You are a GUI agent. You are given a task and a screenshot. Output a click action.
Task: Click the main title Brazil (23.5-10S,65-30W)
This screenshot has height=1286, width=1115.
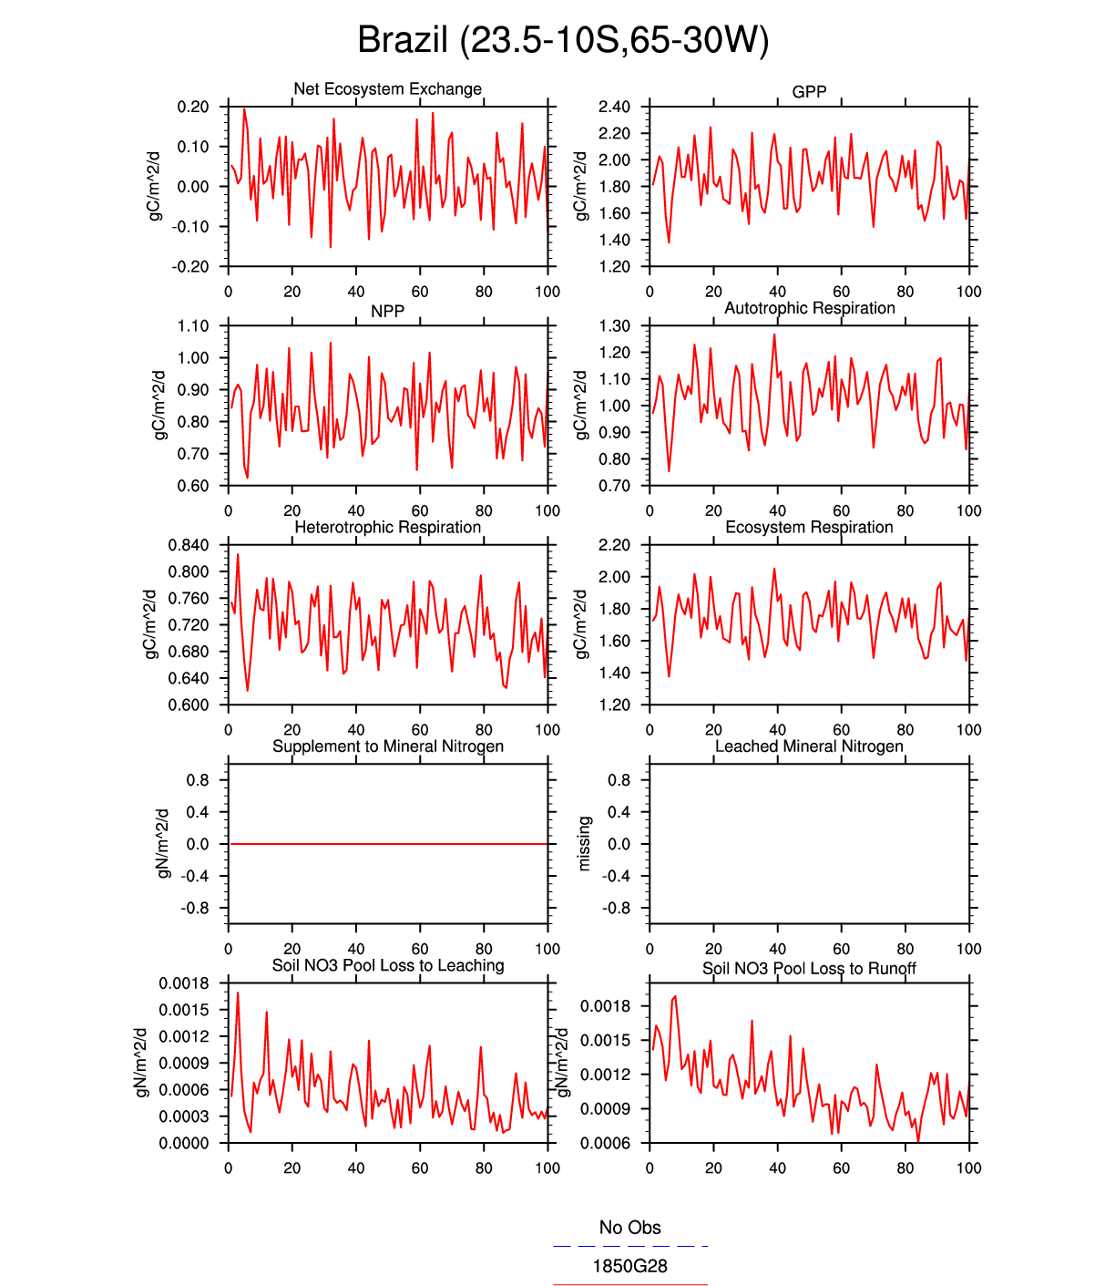[563, 41]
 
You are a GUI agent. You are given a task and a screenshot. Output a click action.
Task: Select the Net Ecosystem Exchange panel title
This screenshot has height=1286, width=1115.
[387, 89]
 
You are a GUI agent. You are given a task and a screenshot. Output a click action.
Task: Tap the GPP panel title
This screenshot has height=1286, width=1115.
[809, 92]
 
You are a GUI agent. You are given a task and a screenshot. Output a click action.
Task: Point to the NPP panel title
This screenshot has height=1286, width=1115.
[387, 311]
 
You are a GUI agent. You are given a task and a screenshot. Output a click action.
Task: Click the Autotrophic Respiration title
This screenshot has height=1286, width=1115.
[809, 308]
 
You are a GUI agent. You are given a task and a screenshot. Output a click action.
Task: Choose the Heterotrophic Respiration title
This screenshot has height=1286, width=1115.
[387, 527]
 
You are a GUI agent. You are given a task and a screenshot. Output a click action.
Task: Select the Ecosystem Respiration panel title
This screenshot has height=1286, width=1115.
[809, 527]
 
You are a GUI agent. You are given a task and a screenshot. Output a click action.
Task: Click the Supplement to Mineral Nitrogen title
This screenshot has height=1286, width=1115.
[387, 746]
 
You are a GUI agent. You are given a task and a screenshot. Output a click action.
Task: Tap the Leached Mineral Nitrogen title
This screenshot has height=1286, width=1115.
[809, 746]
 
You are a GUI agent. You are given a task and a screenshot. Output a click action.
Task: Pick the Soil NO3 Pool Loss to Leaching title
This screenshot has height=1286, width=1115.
[387, 965]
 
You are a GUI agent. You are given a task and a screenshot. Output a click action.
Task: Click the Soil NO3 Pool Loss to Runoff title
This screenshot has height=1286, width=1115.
[809, 968]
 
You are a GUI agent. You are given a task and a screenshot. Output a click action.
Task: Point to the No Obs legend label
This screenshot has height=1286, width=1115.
[629, 1228]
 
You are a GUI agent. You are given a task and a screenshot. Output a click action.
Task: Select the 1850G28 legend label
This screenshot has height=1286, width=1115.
[629, 1266]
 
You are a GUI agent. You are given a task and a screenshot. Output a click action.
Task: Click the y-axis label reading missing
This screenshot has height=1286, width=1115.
[585, 843]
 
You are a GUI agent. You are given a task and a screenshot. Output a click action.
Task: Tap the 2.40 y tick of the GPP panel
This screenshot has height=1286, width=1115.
[614, 107]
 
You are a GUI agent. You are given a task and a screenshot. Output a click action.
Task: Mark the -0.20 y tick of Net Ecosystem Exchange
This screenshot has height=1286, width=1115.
[189, 266]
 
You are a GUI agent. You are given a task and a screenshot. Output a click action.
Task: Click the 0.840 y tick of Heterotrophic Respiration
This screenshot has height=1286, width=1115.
[188, 545]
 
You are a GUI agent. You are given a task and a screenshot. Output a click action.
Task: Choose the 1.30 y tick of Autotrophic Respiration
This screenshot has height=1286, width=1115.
[614, 325]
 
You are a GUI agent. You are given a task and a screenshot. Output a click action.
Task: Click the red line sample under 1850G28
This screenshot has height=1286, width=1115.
[629, 1284]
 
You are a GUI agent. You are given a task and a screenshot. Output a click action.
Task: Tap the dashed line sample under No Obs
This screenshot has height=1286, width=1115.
[629, 1246]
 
